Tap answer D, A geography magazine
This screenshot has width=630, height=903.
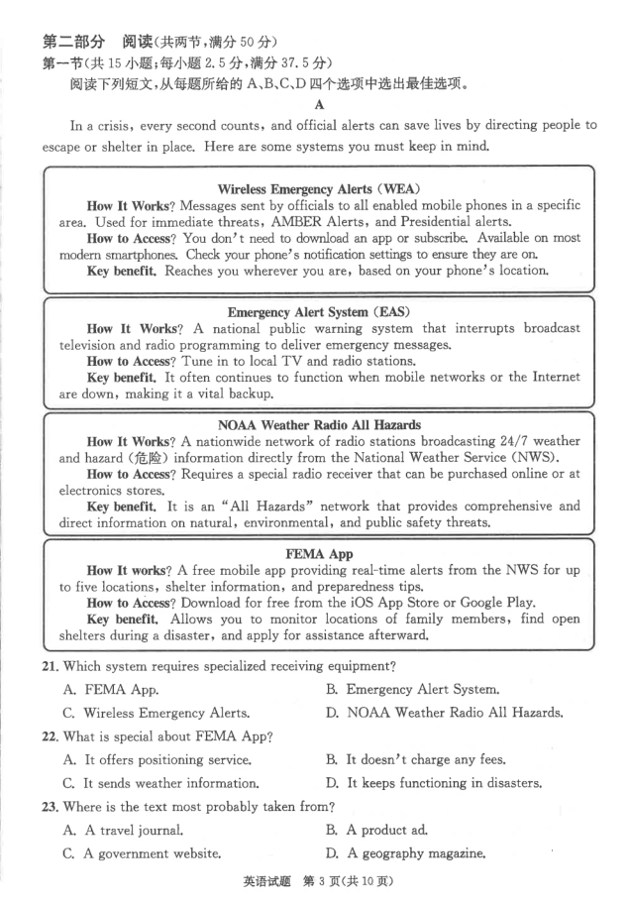pos(415,853)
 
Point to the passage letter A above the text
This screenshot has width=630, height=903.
pos(318,103)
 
